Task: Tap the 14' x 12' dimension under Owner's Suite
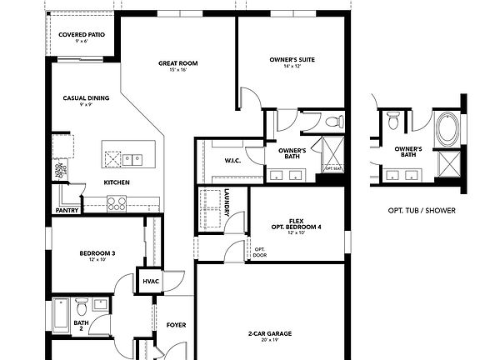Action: (292, 67)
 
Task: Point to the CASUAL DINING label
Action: (85, 97)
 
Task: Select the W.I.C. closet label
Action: (232, 160)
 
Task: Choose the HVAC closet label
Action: (151, 282)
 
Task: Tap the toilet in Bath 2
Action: (81, 305)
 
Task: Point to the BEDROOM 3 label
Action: (97, 253)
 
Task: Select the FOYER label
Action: (176, 325)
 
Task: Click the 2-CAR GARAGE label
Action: (269, 334)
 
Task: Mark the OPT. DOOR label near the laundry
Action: (260, 251)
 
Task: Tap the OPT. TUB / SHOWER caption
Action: (422, 210)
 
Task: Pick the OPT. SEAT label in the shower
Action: (333, 168)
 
